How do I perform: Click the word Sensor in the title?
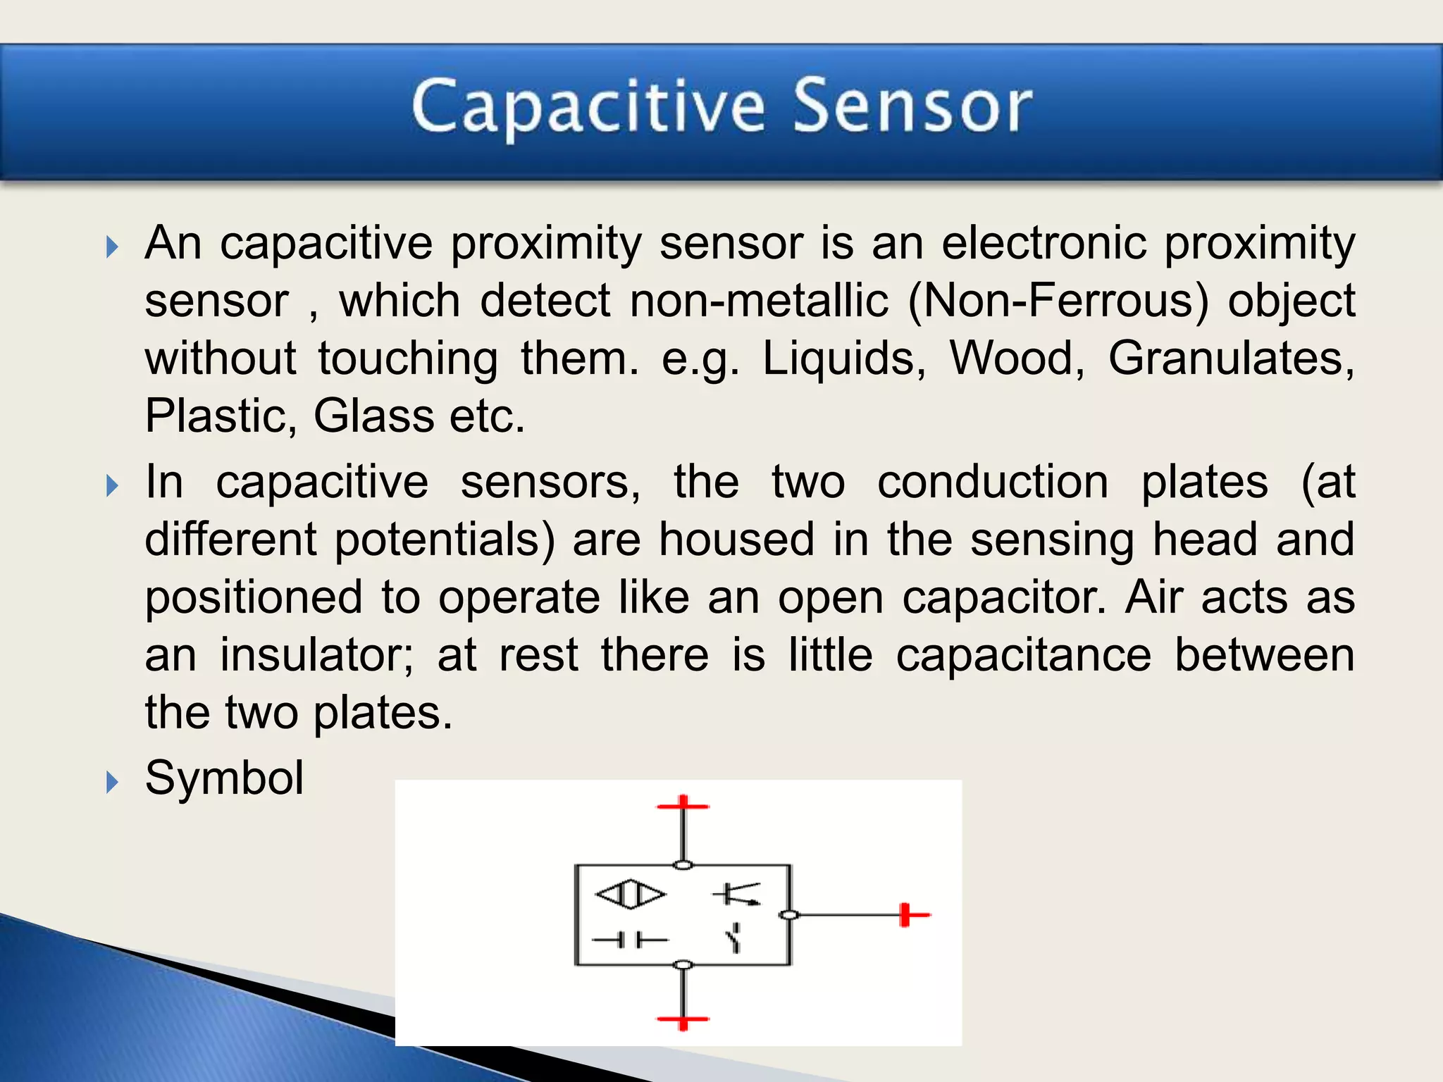coord(912,107)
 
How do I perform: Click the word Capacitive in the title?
coord(588,107)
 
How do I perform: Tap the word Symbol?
coord(224,778)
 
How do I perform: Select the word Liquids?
coord(844,359)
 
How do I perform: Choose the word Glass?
coord(373,416)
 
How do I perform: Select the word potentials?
coord(445,540)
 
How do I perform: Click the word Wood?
coord(1017,359)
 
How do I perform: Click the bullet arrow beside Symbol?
coord(112,782)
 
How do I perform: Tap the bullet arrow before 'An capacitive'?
coord(112,247)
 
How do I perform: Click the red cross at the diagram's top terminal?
coord(683,806)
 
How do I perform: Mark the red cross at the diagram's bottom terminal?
coord(683,1019)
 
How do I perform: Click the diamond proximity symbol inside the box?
coord(631,895)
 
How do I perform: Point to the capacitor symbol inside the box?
coord(630,940)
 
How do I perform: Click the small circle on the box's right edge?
coord(790,915)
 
